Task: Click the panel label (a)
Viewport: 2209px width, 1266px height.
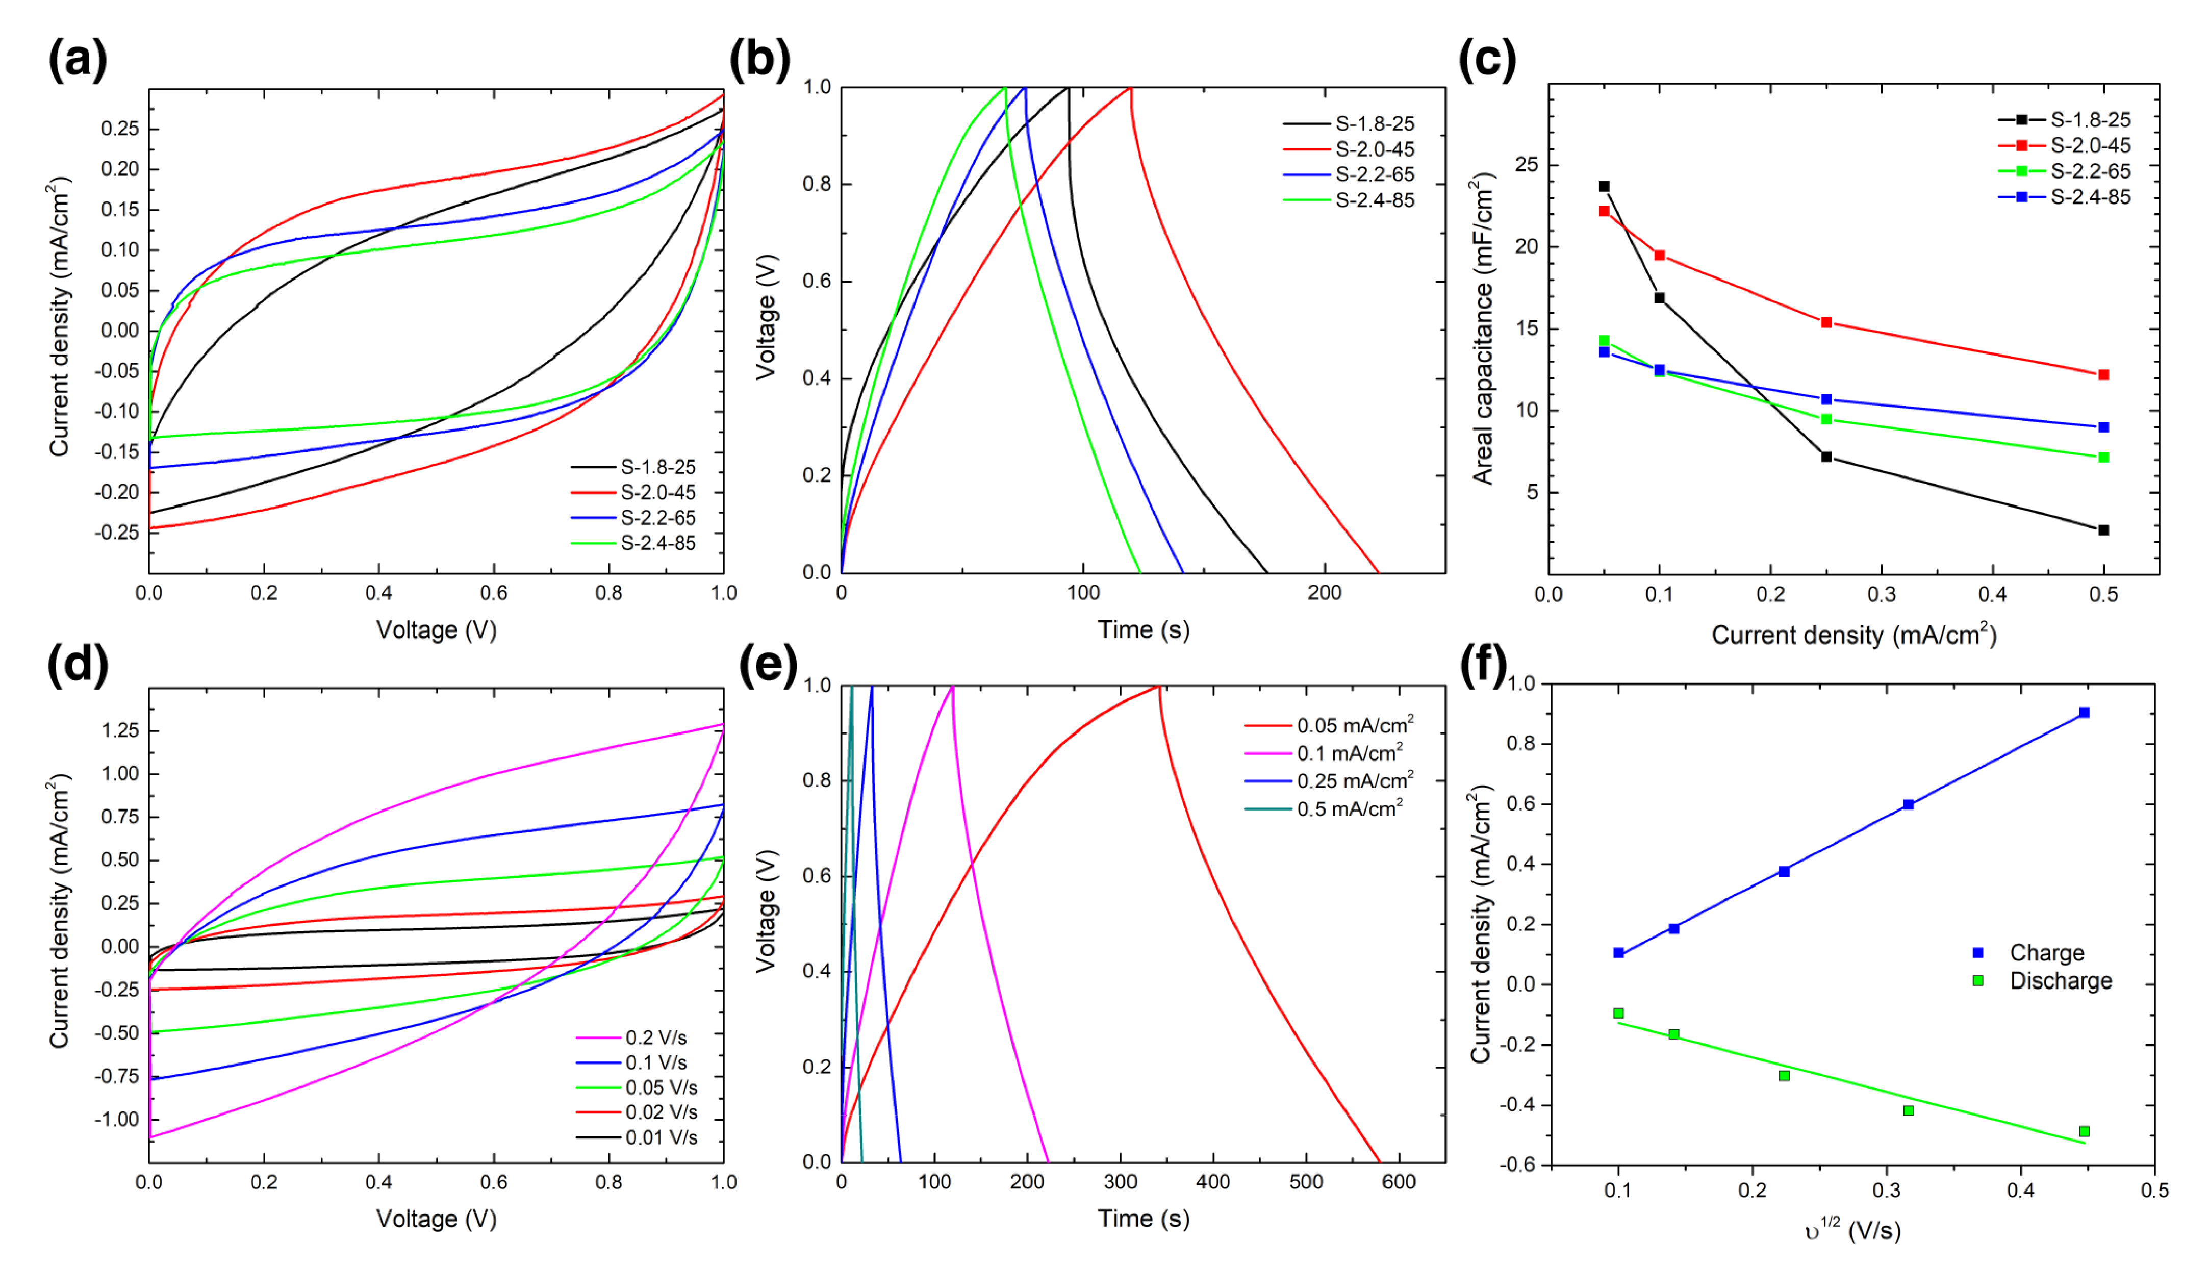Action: pyautogui.click(x=78, y=60)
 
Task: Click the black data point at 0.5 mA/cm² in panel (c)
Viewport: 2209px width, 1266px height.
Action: pyautogui.click(x=2104, y=529)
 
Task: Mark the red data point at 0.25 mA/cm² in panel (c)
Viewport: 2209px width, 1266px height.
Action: pyautogui.click(x=1826, y=322)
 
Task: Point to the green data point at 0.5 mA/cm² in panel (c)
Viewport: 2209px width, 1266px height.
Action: pyautogui.click(x=2104, y=458)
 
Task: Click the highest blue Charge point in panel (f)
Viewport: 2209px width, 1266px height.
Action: pyautogui.click(x=2085, y=713)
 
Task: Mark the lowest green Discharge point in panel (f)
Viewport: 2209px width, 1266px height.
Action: pyautogui.click(x=2085, y=1131)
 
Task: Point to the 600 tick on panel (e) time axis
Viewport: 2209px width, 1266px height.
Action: pyautogui.click(x=1399, y=1182)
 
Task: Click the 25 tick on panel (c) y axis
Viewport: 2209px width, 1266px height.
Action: pyautogui.click(x=1527, y=165)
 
